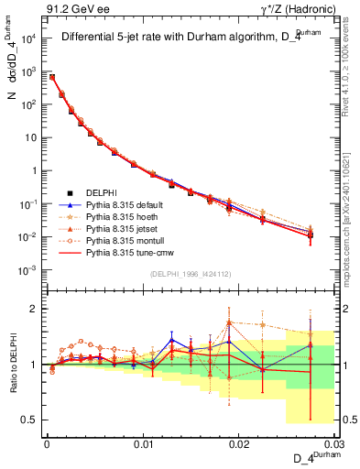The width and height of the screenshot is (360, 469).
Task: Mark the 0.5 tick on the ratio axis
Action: (30, 420)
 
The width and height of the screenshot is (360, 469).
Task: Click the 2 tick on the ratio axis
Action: (35, 309)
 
